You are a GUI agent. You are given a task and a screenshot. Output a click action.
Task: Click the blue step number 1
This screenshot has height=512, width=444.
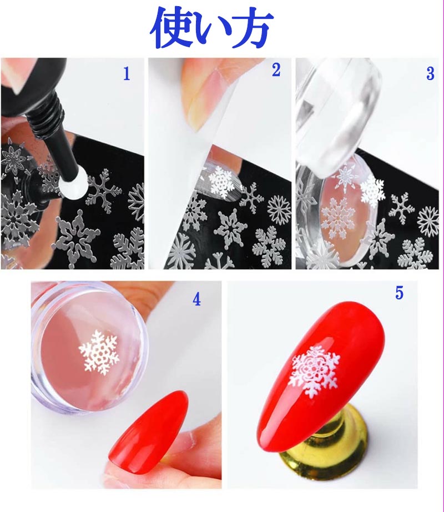[x=127, y=74]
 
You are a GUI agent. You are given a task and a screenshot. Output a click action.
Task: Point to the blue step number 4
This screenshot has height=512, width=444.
[x=196, y=300]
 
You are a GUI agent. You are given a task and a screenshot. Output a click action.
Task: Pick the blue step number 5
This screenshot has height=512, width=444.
[x=399, y=294]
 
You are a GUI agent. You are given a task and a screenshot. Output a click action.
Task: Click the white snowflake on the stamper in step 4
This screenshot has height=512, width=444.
[x=99, y=352]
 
